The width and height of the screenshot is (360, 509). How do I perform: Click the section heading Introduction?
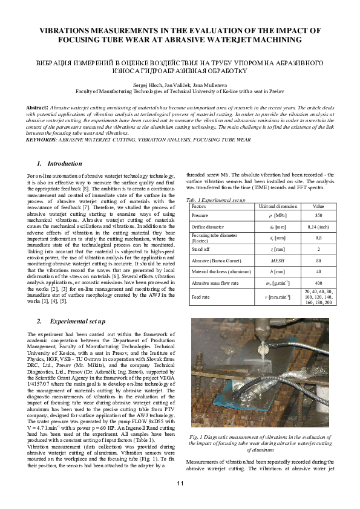pyautogui.click(x=64, y=164)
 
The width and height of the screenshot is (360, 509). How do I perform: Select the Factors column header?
pyautogui.click(x=198, y=206)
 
